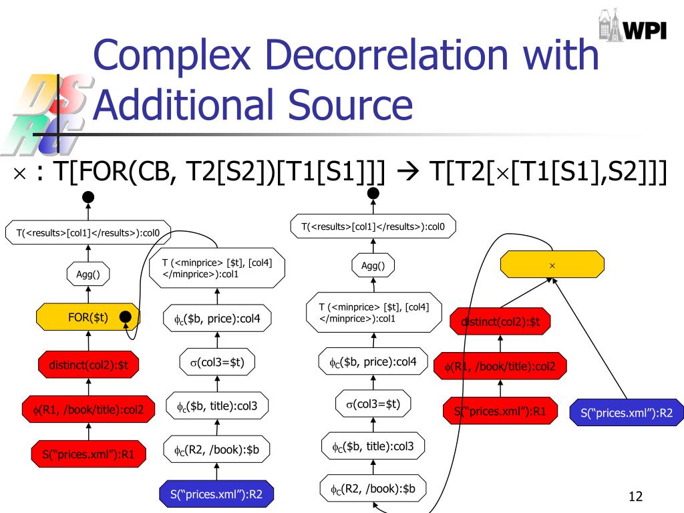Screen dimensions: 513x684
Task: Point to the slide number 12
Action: pyautogui.click(x=635, y=496)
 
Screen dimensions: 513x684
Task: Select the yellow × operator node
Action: pyautogui.click(x=552, y=265)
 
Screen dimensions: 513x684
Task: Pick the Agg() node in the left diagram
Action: pyautogui.click(x=88, y=273)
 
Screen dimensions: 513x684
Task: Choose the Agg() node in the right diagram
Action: pyautogui.click(x=373, y=266)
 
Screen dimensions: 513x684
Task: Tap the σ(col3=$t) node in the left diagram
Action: pyautogui.click(x=217, y=363)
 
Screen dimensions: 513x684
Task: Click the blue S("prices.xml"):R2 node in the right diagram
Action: pyautogui.click(x=626, y=413)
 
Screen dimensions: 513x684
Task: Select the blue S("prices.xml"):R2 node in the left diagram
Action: pyautogui.click(x=216, y=494)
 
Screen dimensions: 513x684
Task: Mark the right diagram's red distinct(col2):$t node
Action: pyautogui.click(x=500, y=322)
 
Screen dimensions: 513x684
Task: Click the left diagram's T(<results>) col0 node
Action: pyautogui.click(x=88, y=232)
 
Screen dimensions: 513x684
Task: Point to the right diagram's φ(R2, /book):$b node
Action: pyautogui.click(x=373, y=489)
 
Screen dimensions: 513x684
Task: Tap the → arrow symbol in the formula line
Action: pyautogui.click(x=407, y=172)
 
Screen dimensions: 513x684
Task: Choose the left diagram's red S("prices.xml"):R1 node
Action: pyautogui.click(x=88, y=455)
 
